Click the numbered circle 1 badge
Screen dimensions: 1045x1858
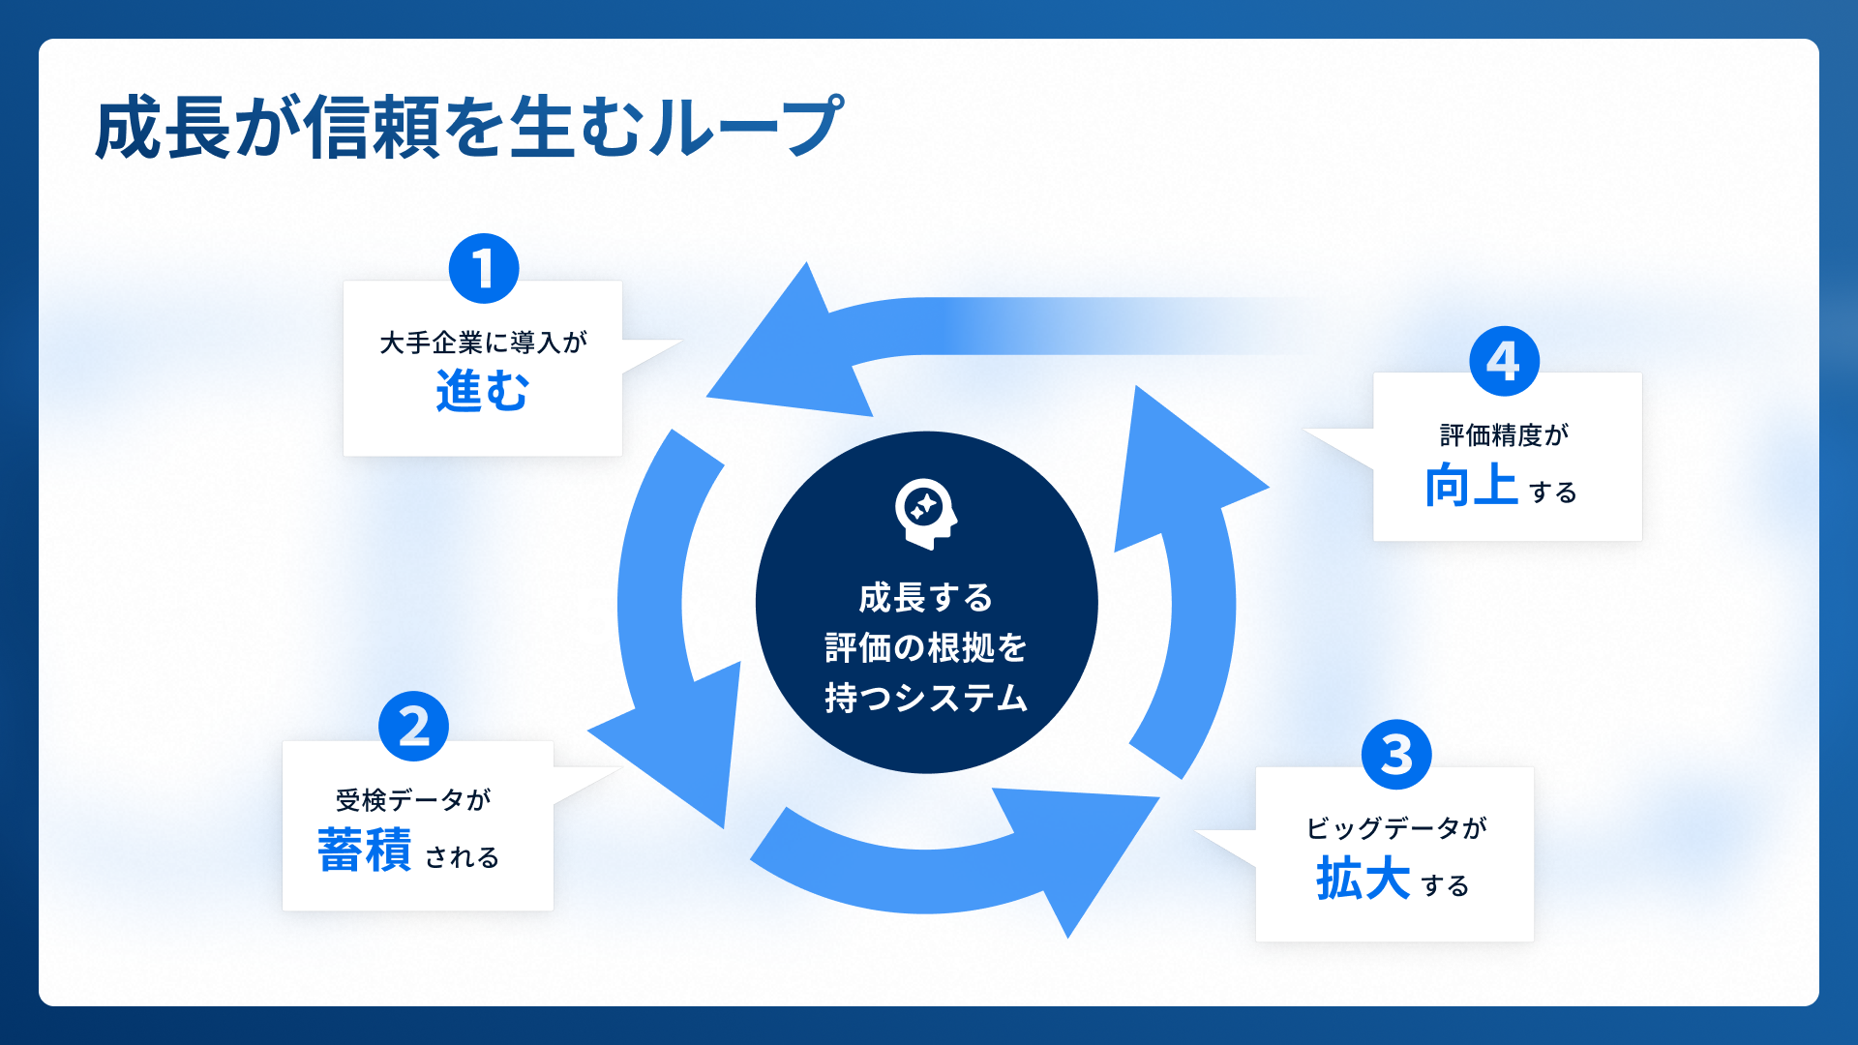point(484,268)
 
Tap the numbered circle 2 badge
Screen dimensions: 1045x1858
point(413,727)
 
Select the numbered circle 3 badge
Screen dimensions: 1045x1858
point(1395,755)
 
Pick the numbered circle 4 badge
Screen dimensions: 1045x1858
point(1504,361)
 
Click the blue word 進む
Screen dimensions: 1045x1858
point(482,392)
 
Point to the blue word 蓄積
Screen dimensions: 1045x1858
point(365,851)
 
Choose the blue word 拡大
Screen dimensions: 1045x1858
point(1363,879)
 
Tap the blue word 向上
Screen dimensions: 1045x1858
point(1471,485)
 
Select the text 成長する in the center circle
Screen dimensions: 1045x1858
point(926,598)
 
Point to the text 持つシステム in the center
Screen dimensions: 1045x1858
point(926,698)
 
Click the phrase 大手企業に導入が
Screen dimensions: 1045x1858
point(483,343)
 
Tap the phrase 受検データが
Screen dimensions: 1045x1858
point(413,800)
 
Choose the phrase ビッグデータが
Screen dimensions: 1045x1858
point(1395,828)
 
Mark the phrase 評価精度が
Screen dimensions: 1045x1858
point(1504,435)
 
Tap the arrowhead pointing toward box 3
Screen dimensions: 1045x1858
point(1084,851)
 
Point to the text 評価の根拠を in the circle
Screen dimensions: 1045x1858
point(926,647)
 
